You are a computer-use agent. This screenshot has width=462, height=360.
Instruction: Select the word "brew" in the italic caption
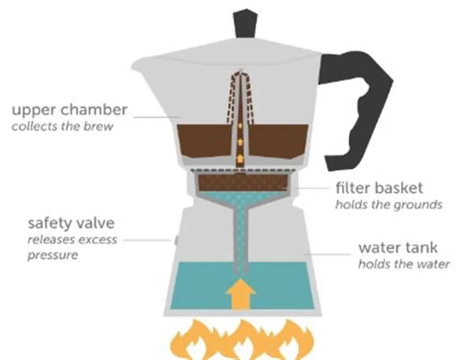pos(100,126)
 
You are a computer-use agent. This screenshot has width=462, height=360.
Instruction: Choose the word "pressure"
pos(52,255)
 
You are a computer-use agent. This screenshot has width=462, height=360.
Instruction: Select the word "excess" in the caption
pos(98,239)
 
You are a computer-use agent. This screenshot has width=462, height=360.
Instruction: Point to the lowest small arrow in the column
pos(240,158)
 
